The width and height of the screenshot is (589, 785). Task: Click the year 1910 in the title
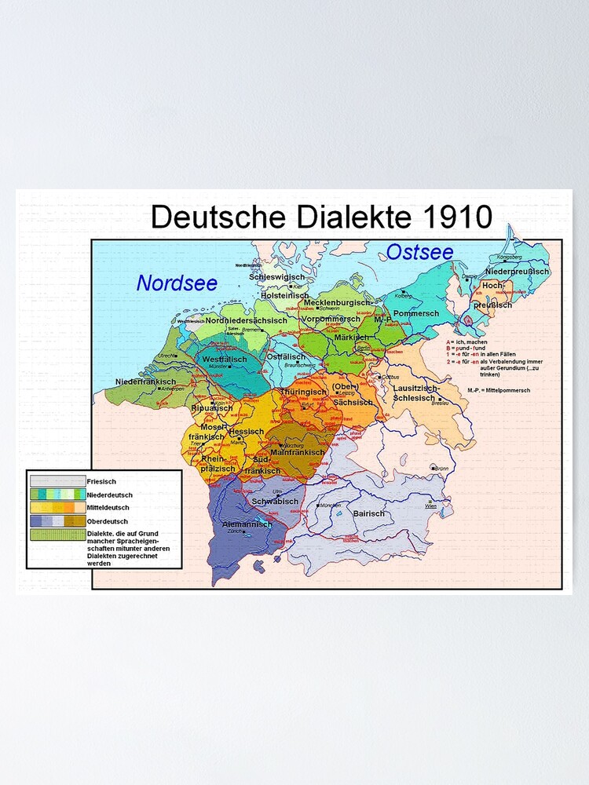click(x=452, y=216)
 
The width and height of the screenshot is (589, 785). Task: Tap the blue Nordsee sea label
click(x=177, y=283)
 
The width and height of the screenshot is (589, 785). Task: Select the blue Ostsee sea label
click(x=419, y=252)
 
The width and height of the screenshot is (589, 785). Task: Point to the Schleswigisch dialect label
click(x=276, y=277)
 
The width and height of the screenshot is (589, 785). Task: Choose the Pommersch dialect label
click(x=415, y=313)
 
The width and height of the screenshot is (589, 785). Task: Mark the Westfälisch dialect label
click(x=225, y=359)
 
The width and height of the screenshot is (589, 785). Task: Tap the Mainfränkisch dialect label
click(x=297, y=453)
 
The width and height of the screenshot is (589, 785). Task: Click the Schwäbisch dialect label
click(x=275, y=501)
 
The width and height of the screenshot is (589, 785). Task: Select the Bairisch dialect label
click(x=369, y=513)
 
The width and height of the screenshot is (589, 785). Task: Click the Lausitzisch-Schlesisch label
click(x=417, y=393)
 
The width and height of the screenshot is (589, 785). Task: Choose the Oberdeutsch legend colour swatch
click(x=57, y=520)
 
